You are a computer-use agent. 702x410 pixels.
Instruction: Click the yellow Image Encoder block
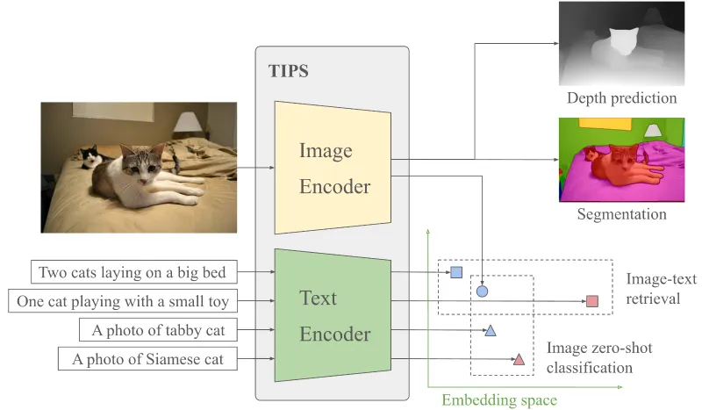[332, 167]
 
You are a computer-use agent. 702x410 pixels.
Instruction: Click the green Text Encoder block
[332, 315]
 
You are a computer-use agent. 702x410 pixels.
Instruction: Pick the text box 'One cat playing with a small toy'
[123, 302]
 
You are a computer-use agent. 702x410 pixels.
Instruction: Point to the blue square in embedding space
[456, 272]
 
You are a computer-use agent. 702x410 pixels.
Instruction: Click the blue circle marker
[482, 290]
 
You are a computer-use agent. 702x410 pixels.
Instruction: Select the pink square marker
[592, 302]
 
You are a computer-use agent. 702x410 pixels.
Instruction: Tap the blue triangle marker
[491, 330]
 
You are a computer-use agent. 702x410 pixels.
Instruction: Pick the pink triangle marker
[519, 358]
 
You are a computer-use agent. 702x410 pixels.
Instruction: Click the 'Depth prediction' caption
[621, 97]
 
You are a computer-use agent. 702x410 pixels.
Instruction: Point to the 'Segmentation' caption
[621, 214]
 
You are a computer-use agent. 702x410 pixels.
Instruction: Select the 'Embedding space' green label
[498, 399]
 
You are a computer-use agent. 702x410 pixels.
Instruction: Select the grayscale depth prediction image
[621, 44]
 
